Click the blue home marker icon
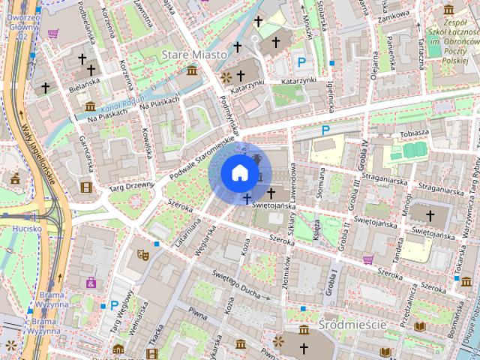238,172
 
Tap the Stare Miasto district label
194,55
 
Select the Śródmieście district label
351,325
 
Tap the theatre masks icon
142,255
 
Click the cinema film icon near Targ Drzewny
87,187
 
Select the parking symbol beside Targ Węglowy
114,305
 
